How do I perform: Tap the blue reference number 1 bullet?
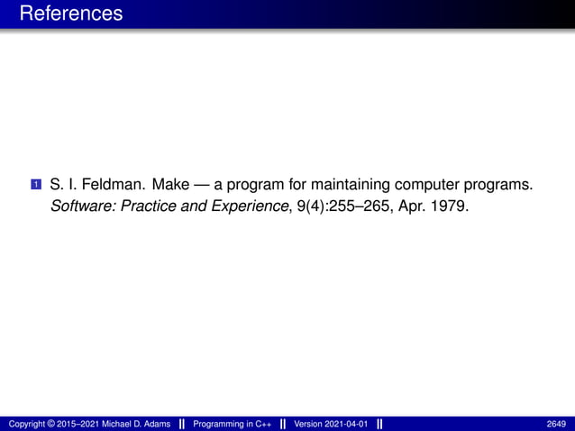35,186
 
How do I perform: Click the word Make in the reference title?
170,186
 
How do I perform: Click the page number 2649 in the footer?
556,423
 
